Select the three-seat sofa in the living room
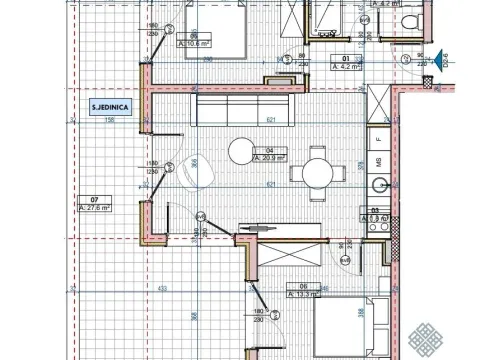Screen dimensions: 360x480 243,108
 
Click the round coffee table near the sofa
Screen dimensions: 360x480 241,151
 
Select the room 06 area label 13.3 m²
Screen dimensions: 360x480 303,294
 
